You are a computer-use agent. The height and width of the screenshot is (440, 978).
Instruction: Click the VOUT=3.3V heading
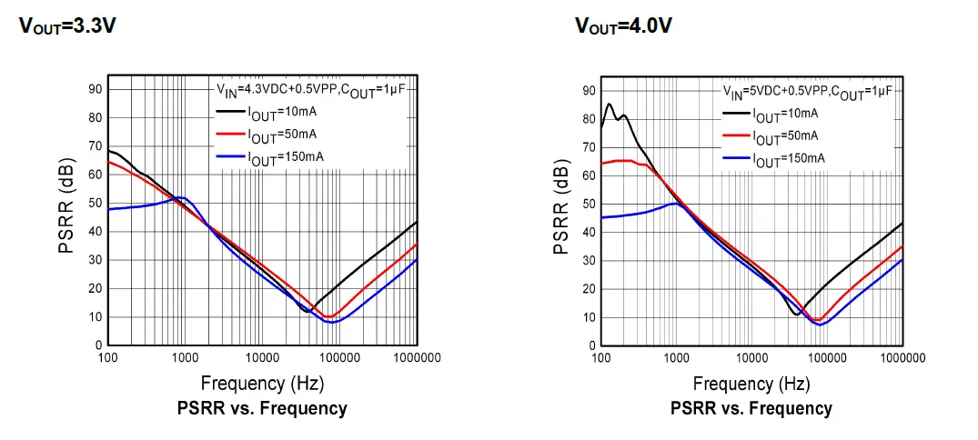coord(67,25)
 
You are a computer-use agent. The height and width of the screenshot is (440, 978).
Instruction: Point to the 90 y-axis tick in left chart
coord(95,88)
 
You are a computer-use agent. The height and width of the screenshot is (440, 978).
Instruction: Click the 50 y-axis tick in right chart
coord(589,204)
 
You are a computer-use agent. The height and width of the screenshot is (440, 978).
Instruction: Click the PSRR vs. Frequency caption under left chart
coord(262,408)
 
